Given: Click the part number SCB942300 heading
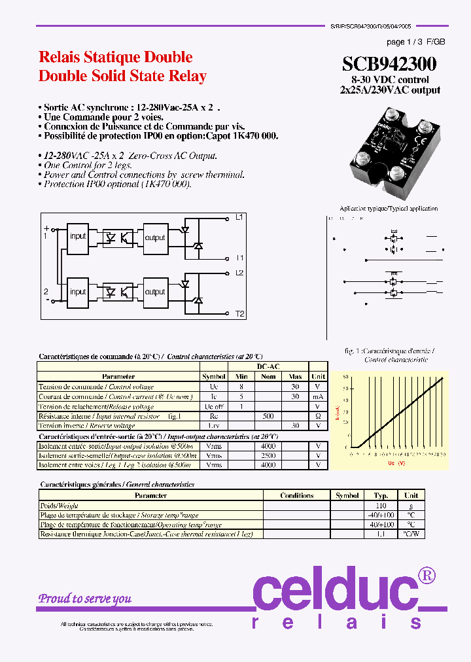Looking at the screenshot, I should tap(389, 64).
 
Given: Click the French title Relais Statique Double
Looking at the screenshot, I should tap(116, 57).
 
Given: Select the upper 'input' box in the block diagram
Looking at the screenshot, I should tap(78, 236).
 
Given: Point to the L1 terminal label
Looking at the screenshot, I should tap(239, 217).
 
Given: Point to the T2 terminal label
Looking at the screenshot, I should tap(240, 314).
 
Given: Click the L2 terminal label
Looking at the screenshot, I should tap(239, 272).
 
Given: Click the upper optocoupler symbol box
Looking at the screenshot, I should tap(116, 237).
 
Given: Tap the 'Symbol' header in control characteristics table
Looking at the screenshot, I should tap(214, 377).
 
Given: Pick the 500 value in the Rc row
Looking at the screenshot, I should tap(268, 415).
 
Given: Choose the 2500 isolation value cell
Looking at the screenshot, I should tap(268, 455).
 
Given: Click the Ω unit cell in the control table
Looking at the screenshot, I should tap(318, 415).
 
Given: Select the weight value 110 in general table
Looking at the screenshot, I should tap(381, 506).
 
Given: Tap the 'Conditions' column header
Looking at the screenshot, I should tap(296, 496).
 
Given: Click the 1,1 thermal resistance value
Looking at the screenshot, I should tap(381, 534).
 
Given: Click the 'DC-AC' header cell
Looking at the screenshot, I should tap(268, 367).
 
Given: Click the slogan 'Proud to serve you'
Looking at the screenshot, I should tap(84, 599).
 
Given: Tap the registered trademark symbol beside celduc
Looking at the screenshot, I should tap(426, 576).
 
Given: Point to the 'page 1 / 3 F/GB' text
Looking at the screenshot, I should tap(415, 42).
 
